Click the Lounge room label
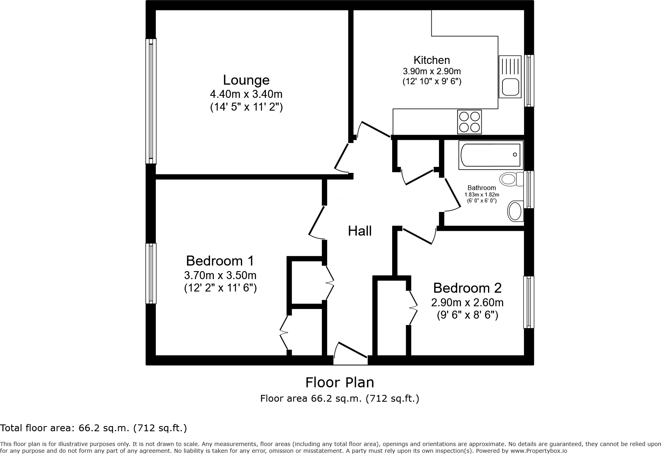point(246,80)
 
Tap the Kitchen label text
point(431,60)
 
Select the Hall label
point(359,231)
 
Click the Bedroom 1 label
point(220,261)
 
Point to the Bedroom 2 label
point(467,288)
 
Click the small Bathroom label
point(482,188)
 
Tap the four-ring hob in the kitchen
point(469,122)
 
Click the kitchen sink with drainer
point(510,77)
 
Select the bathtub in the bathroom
point(490,155)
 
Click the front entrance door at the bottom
point(351,354)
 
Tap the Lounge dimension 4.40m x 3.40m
point(246,94)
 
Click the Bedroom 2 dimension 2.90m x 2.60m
point(467,302)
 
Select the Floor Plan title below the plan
point(339,383)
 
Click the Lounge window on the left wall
point(151,101)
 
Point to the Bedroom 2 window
point(529,302)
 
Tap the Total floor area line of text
point(93,428)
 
